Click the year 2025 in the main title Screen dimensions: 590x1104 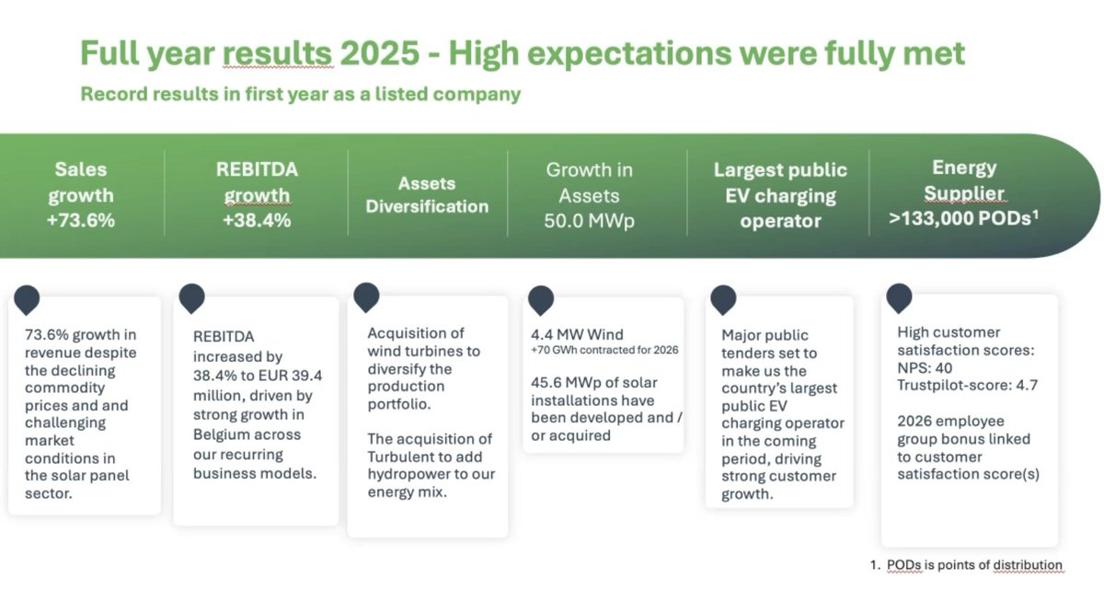[x=378, y=53]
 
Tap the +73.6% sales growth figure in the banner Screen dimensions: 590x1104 [x=82, y=220]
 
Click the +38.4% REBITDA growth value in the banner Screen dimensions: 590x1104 [x=257, y=220]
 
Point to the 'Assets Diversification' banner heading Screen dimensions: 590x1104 [x=427, y=194]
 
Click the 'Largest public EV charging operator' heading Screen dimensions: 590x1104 [x=780, y=195]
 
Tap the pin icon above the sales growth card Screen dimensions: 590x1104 [x=28, y=299]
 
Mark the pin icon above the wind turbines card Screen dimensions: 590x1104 [x=366, y=296]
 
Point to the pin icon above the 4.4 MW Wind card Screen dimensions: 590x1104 [x=541, y=299]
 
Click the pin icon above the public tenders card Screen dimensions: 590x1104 [x=723, y=299]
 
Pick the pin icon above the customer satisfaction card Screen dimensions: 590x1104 [x=898, y=297]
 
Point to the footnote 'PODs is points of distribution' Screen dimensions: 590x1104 [x=973, y=565]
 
